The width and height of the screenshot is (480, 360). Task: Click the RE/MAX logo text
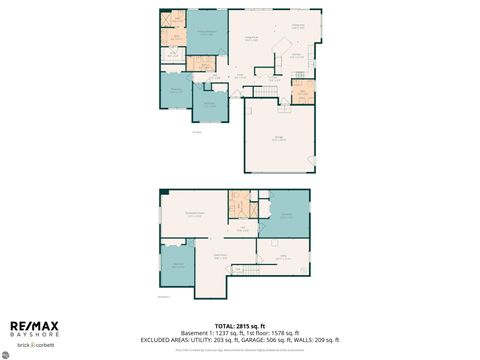click(x=35, y=326)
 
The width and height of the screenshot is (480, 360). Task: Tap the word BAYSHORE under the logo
click(x=35, y=335)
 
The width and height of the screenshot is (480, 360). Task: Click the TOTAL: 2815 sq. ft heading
click(x=240, y=327)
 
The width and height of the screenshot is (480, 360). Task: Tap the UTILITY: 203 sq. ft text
click(x=228, y=341)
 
